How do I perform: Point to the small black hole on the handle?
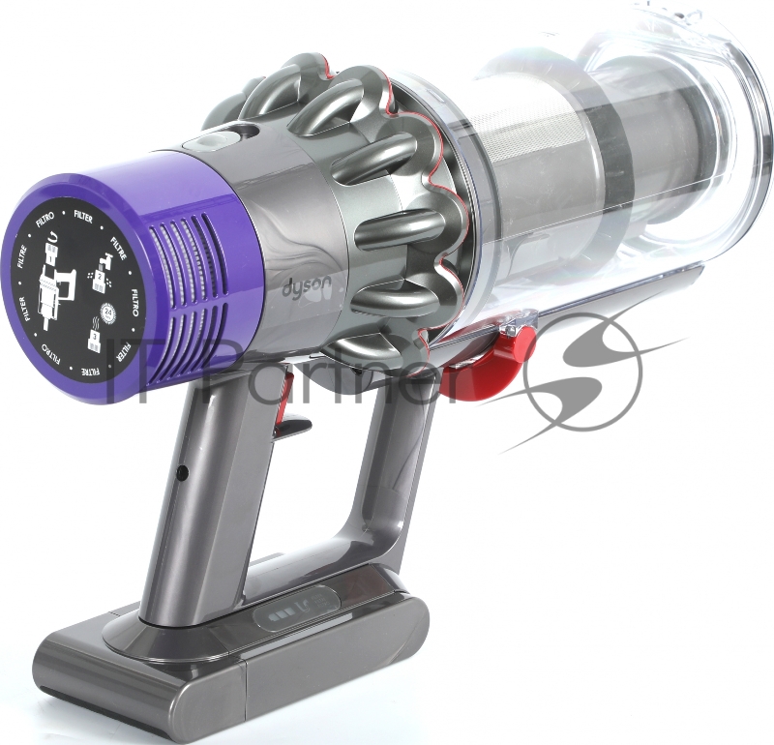tap(182, 472)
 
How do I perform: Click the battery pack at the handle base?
tap(232, 668)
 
